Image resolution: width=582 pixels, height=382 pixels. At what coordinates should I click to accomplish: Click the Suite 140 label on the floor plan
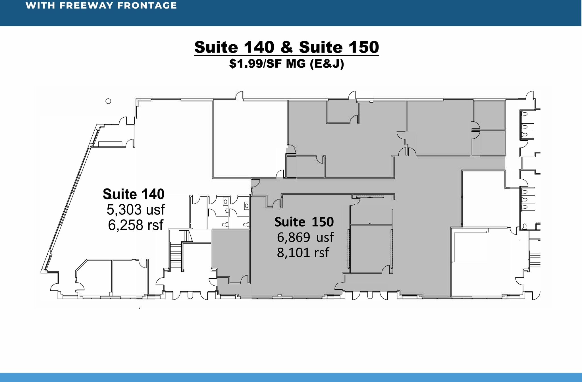pyautogui.click(x=134, y=194)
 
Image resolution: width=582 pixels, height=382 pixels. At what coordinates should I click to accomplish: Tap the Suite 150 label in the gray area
pyautogui.click(x=304, y=222)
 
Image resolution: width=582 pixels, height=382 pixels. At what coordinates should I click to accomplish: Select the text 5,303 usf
pyautogui.click(x=136, y=210)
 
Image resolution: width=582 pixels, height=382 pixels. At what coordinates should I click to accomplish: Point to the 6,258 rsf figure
pyautogui.click(x=136, y=225)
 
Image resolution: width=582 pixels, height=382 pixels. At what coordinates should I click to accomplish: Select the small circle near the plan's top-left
pyautogui.click(x=108, y=101)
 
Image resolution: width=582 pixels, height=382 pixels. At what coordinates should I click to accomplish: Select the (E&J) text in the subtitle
pyautogui.click(x=327, y=64)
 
